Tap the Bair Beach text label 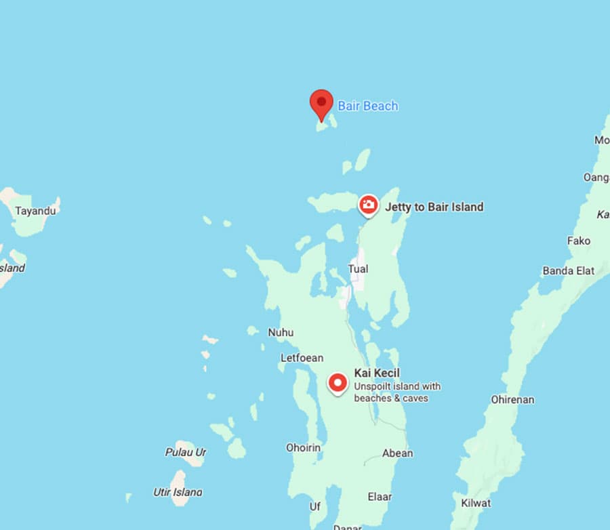368,106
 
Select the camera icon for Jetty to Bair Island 368,205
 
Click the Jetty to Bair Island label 434,207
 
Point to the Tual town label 358,269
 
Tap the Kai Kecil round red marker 338,383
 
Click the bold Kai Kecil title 377,373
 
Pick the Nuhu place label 281,332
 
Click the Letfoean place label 302,357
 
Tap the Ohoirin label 302,447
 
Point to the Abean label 397,453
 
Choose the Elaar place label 380,497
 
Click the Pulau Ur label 185,452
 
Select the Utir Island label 177,492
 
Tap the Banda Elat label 568,270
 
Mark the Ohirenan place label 512,399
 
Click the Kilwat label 475,503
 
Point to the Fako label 578,241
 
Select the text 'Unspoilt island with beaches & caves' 397,392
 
